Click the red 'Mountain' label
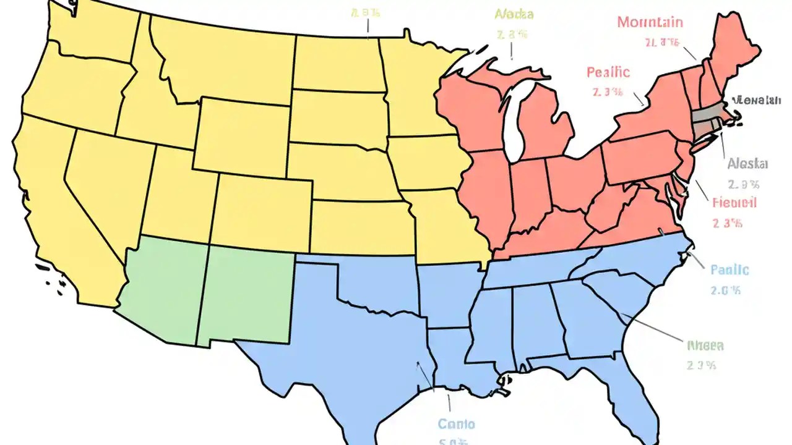(650, 23)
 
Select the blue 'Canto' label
(456, 424)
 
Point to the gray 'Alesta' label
(747, 164)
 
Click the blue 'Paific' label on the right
(730, 270)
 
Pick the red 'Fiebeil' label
(734, 203)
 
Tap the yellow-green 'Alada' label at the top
(514, 14)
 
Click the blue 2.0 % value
(726, 290)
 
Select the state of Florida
(625, 389)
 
